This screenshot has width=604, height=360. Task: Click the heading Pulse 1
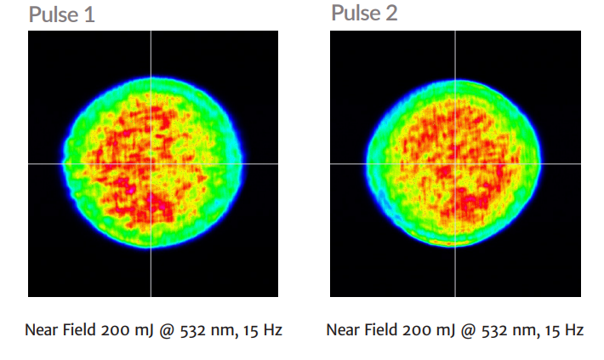pyautogui.click(x=63, y=15)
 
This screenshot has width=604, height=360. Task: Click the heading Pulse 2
pyautogui.click(x=364, y=14)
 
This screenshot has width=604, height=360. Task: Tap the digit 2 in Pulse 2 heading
pyautogui.click(x=392, y=14)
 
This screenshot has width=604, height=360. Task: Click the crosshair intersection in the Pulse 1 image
pyautogui.click(x=151, y=163)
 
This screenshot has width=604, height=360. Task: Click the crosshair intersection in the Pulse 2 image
pyautogui.click(x=454, y=163)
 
